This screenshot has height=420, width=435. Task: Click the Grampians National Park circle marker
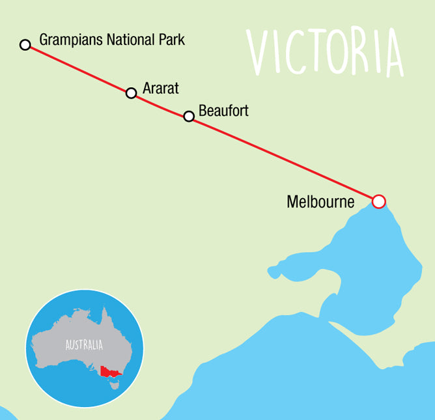coord(25,45)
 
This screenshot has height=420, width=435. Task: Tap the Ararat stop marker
coord(131,93)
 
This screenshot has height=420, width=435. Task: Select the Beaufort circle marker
coord(189,117)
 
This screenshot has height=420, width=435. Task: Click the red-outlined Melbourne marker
coord(379,201)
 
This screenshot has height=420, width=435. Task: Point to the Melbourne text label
coord(320,202)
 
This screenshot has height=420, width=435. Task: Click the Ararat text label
coord(160,87)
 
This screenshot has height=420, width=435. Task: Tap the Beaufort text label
coord(223,111)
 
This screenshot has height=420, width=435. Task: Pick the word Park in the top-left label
coord(171,40)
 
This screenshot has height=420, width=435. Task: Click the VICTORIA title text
coord(326,52)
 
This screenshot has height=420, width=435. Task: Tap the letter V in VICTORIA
coord(260,52)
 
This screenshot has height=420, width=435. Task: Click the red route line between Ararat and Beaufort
coord(160,105)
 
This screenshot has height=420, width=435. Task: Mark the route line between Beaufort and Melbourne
coord(283,158)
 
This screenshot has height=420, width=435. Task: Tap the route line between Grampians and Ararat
coord(78,69)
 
